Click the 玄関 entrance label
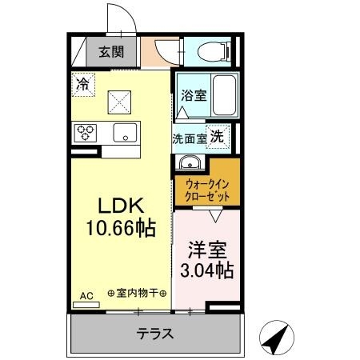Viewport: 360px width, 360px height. (x=111, y=54)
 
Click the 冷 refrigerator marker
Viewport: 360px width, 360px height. (x=83, y=82)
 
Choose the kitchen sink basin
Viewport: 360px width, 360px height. (x=124, y=132)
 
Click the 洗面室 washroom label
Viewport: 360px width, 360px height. (x=189, y=138)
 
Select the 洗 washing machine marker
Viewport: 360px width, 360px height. (x=217, y=136)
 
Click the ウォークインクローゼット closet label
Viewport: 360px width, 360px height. (x=206, y=189)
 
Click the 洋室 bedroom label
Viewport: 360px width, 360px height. (x=206, y=248)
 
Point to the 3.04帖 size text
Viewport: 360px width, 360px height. (x=206, y=270)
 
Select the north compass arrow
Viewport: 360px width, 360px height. (x=275, y=338)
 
